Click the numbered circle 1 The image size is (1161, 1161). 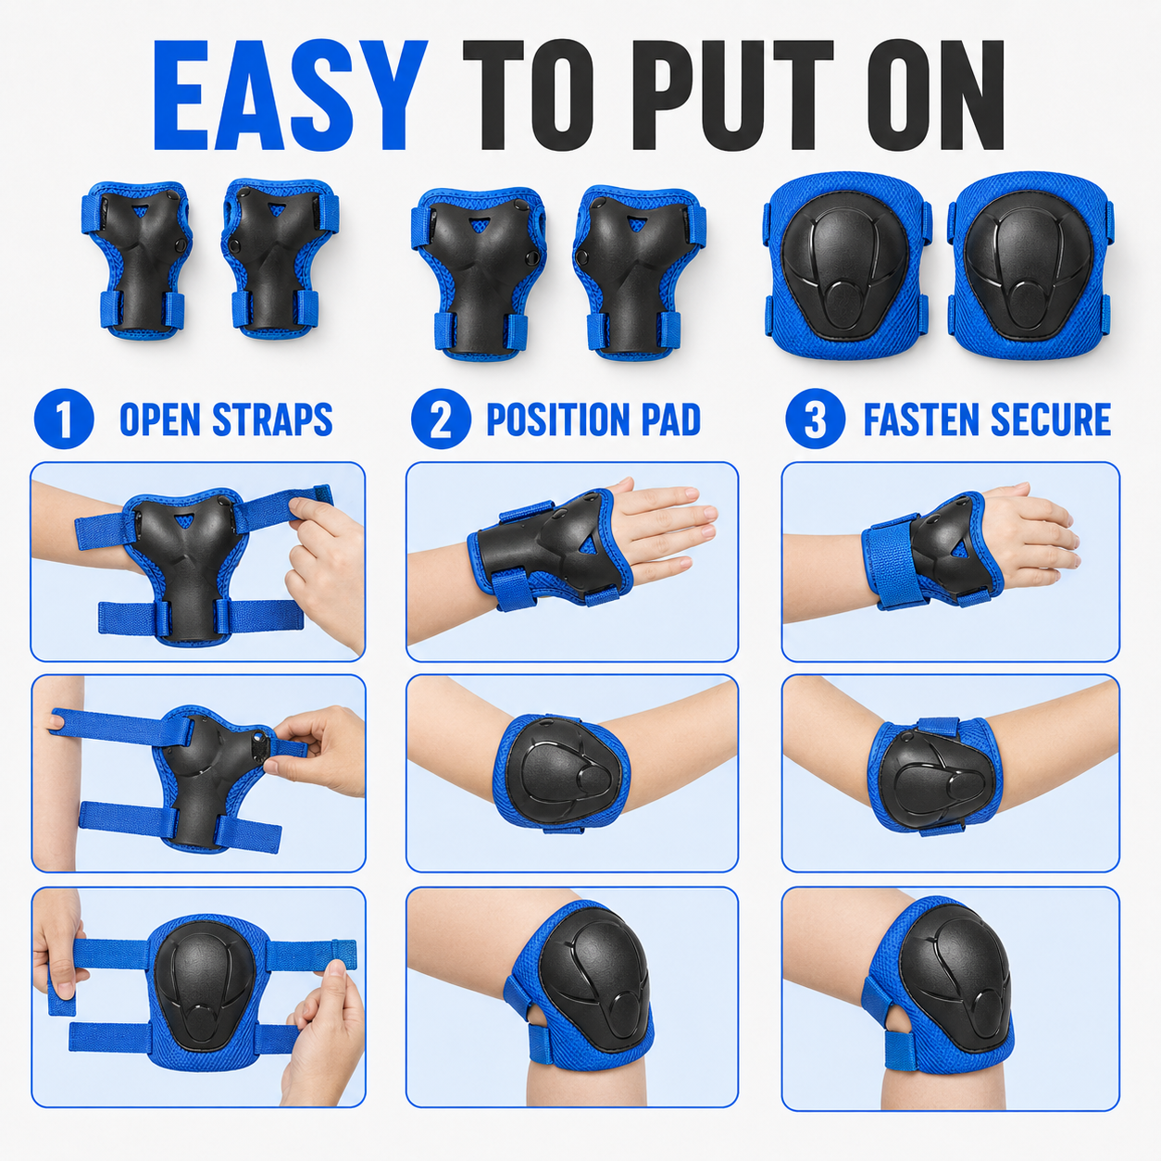[64, 418]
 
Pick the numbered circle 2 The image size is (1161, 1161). [441, 418]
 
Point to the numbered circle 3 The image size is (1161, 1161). [815, 418]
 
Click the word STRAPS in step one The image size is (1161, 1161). [272, 419]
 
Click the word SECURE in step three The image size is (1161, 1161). [1051, 419]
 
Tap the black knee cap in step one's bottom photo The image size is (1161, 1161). [205, 987]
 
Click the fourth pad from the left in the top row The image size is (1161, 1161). [640, 272]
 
